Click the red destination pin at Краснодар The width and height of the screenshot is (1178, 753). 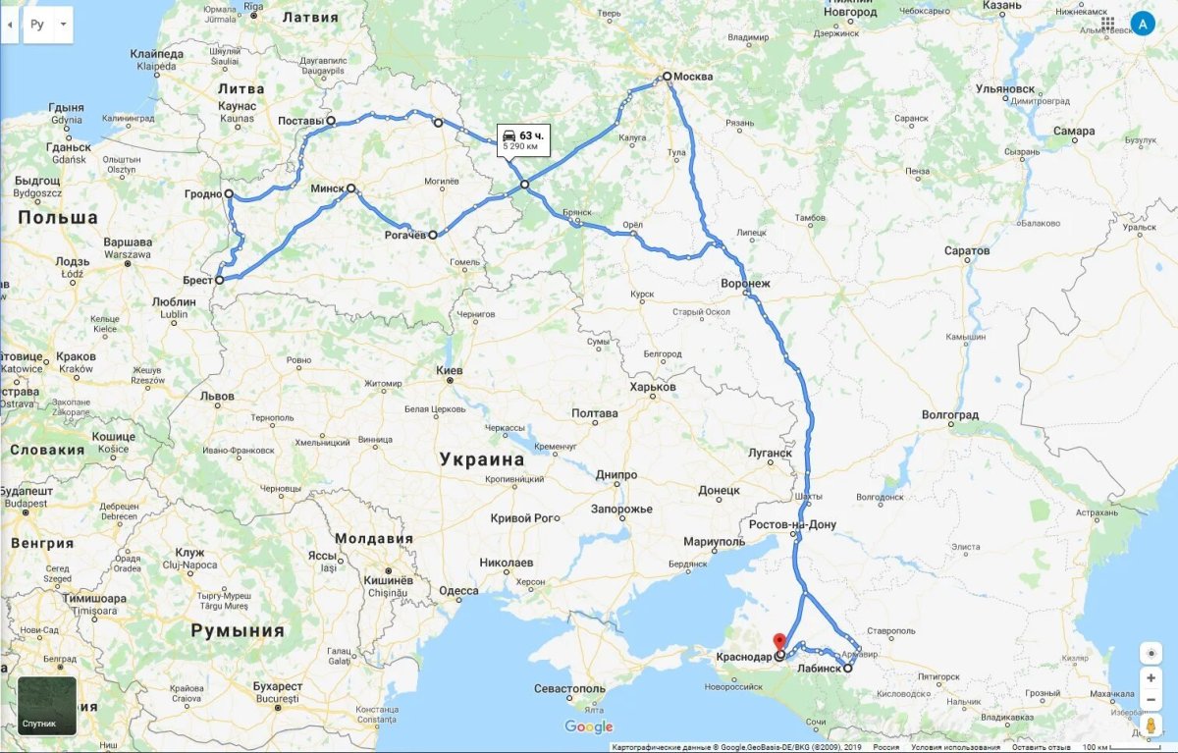(779, 642)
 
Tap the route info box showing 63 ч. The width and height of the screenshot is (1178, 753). (522, 140)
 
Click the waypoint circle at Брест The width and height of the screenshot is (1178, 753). (220, 280)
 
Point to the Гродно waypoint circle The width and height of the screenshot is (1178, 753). (229, 194)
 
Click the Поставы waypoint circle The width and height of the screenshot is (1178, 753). (331, 121)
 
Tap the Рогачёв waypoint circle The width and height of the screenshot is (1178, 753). (433, 236)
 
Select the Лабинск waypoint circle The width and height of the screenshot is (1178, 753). (848, 668)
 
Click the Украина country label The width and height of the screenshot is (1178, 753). (482, 458)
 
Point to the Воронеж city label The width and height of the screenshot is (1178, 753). (745, 284)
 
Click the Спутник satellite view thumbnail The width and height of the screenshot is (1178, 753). (46, 706)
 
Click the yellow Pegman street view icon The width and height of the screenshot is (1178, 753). (1151, 726)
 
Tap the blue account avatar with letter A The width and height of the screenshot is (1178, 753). (1143, 24)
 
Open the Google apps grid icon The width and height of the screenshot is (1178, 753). (1107, 24)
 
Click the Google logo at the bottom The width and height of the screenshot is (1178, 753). (589, 727)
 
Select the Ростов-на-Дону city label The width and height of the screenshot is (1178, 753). (792, 524)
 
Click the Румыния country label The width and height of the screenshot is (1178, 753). (238, 630)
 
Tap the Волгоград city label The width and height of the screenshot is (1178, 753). (950, 415)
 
